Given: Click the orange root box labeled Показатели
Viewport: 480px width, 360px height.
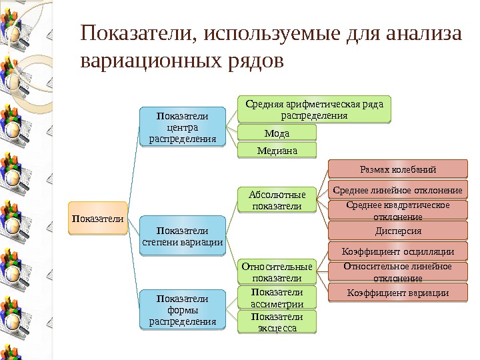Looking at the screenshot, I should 99,217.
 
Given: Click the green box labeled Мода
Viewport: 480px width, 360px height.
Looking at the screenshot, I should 277,133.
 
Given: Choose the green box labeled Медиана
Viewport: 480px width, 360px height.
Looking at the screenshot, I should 277,151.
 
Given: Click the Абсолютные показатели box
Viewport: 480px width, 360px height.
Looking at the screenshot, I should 277,200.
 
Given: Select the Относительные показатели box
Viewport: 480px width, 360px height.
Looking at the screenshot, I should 277,271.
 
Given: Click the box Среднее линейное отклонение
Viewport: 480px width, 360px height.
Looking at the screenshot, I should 398,190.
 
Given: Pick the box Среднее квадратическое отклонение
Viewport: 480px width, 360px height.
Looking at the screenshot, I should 398,210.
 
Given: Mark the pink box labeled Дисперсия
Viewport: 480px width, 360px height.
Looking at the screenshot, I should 398,231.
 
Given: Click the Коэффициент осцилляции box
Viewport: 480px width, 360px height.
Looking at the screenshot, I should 398,251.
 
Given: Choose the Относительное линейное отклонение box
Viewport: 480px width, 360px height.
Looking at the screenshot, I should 398,272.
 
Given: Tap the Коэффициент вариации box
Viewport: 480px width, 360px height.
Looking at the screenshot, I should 398,293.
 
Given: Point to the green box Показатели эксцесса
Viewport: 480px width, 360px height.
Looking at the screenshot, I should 277,321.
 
